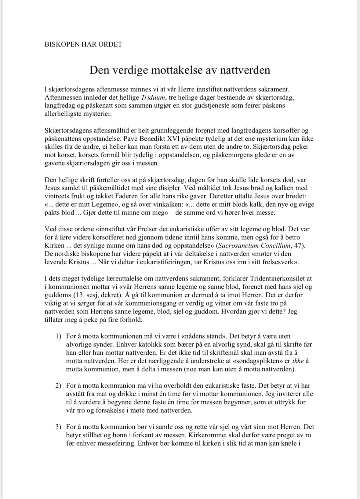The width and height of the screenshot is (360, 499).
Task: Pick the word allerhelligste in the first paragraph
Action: [61, 114]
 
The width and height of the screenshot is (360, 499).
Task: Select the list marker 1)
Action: [59, 336]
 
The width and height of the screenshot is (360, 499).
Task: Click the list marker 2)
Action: [59, 386]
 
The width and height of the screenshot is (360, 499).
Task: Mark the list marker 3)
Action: [59, 427]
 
